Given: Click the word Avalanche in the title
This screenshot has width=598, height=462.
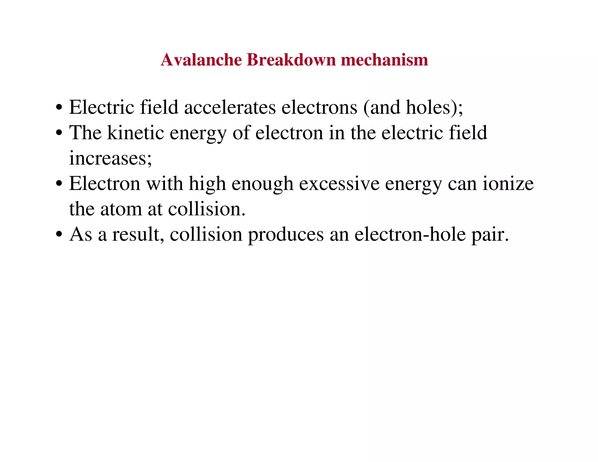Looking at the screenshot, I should (201, 60).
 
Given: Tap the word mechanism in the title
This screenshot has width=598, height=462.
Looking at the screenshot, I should (384, 60).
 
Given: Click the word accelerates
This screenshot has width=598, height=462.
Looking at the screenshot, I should (230, 107).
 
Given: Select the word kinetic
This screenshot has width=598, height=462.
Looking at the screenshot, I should (135, 133).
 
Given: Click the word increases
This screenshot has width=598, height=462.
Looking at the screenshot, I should (110, 158).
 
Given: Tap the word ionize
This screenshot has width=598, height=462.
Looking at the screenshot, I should (508, 184).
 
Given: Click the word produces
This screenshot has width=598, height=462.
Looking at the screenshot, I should (286, 235).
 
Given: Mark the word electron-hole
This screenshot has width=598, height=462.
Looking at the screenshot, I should (410, 235).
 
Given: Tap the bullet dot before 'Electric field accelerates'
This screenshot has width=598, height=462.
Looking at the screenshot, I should (59, 108).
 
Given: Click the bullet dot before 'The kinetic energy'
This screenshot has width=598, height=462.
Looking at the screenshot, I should (59, 133).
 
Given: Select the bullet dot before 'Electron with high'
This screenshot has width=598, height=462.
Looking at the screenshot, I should (59, 184).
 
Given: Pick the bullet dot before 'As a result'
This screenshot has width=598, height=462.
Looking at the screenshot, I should (59, 235).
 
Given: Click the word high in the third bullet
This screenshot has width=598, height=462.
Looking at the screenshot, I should (207, 184).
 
